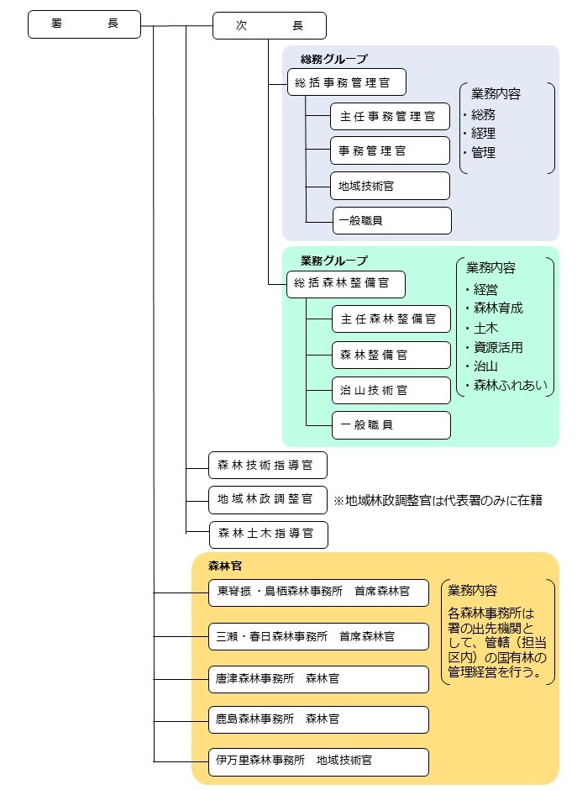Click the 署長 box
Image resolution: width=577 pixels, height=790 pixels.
[x=84, y=24]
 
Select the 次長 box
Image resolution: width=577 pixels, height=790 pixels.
[x=269, y=26]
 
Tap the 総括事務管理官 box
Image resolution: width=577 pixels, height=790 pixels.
[x=347, y=83]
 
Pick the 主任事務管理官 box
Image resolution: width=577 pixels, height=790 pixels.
[x=390, y=117]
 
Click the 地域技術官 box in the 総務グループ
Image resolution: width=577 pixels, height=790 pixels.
[x=390, y=186]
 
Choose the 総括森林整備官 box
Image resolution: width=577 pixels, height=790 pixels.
[x=346, y=284]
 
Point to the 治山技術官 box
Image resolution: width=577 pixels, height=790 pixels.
[x=391, y=390]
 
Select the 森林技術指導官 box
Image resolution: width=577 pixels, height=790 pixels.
[x=267, y=465]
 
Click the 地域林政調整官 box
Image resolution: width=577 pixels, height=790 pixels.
[x=267, y=499]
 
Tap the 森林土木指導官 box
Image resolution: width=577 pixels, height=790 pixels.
[x=268, y=534]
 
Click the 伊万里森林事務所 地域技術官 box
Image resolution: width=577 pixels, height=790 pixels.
[x=318, y=761]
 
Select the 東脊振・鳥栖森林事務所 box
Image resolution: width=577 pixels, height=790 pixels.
[x=318, y=592]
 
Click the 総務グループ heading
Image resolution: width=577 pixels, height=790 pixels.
[x=334, y=59]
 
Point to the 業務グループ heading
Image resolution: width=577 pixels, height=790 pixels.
[x=334, y=261]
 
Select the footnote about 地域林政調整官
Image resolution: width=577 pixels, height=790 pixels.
[x=438, y=501]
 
